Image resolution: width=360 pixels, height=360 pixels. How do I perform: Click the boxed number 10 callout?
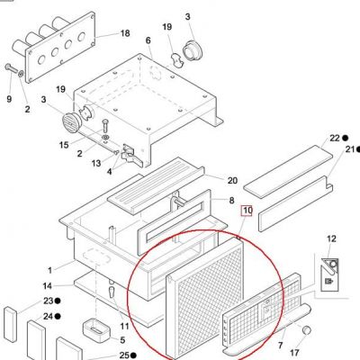coord(247,211)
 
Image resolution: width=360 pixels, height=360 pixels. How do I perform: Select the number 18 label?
coord(125,33)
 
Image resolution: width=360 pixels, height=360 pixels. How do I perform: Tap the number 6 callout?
coord(148,40)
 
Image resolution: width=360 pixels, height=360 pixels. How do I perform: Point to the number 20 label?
coord(232,180)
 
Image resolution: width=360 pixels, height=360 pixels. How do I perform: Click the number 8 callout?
coord(231,200)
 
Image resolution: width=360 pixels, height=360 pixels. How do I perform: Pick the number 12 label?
coord(331,238)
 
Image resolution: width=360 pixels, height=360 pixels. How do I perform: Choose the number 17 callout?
coord(295,352)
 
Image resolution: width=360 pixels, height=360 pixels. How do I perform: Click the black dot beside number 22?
coord(345,138)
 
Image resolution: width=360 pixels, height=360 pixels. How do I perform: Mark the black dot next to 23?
coord(58,301)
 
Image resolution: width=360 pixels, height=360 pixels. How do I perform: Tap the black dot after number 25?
coord(133,355)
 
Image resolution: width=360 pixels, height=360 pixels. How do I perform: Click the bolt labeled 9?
coord(12,68)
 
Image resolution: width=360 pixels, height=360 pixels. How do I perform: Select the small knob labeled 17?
coord(306,330)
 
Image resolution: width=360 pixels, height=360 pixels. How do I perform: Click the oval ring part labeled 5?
coord(96,331)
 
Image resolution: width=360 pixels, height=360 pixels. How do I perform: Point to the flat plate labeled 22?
coord(288,171)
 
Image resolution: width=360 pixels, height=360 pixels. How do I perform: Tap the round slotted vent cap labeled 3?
coord(70,123)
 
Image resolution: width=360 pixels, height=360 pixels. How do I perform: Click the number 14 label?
coord(47,286)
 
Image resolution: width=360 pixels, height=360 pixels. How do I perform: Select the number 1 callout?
coord(49,270)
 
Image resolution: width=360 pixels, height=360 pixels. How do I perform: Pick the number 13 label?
coord(96,163)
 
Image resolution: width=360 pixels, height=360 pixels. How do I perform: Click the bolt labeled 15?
coord(104,126)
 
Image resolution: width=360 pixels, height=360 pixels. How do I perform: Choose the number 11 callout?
coord(124,326)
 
